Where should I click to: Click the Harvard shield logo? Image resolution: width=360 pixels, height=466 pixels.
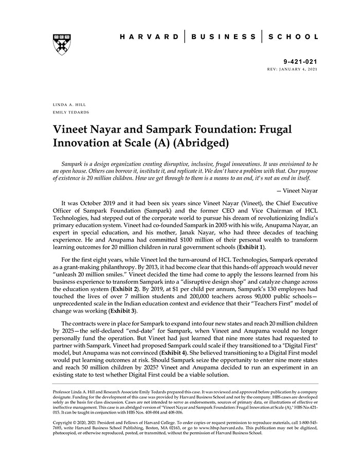coord(62,44)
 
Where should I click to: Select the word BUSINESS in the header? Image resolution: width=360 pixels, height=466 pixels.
coord(223,37)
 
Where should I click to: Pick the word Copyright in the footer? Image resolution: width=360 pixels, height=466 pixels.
coord(64,422)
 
